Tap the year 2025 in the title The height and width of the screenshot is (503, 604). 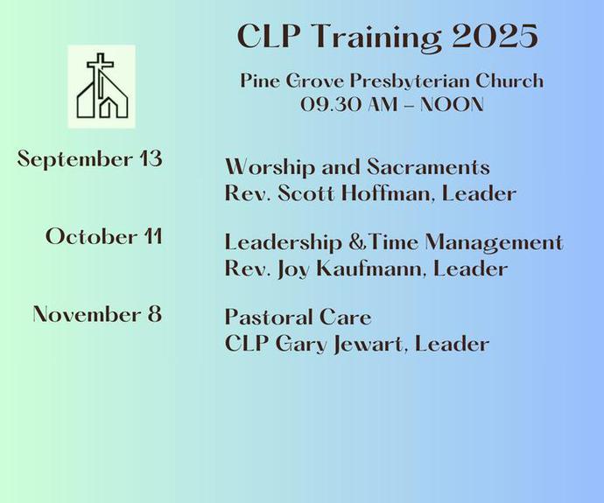pos(495,36)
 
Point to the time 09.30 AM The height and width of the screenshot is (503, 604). pos(349,104)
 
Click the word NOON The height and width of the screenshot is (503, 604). pos(452,104)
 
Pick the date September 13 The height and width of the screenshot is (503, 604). pos(90,159)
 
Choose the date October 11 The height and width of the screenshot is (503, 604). pos(104,236)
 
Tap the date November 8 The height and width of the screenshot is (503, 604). pos(97,314)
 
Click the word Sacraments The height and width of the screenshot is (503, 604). pos(428,167)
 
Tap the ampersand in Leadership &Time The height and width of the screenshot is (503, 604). pos(356,243)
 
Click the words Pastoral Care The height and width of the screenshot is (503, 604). pos(298,318)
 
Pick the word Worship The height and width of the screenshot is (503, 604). pos(270,168)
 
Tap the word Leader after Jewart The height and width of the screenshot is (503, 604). pos(452,344)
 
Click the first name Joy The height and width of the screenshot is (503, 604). pos(292,269)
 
